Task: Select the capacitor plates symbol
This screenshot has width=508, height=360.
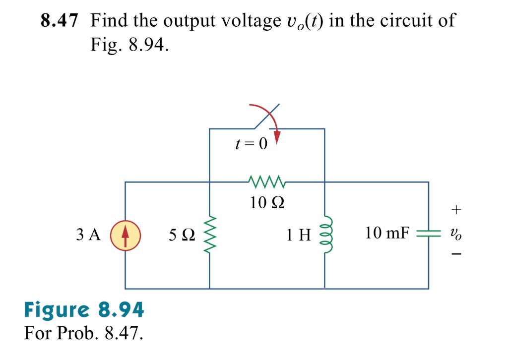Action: (x=428, y=233)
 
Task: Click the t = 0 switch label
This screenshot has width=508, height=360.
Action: (x=251, y=144)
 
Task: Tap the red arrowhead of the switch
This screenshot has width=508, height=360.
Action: (x=277, y=138)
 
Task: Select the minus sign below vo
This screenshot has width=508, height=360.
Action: (x=456, y=255)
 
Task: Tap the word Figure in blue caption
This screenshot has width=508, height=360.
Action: (x=54, y=310)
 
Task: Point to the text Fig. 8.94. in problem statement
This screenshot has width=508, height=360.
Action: (x=130, y=45)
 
